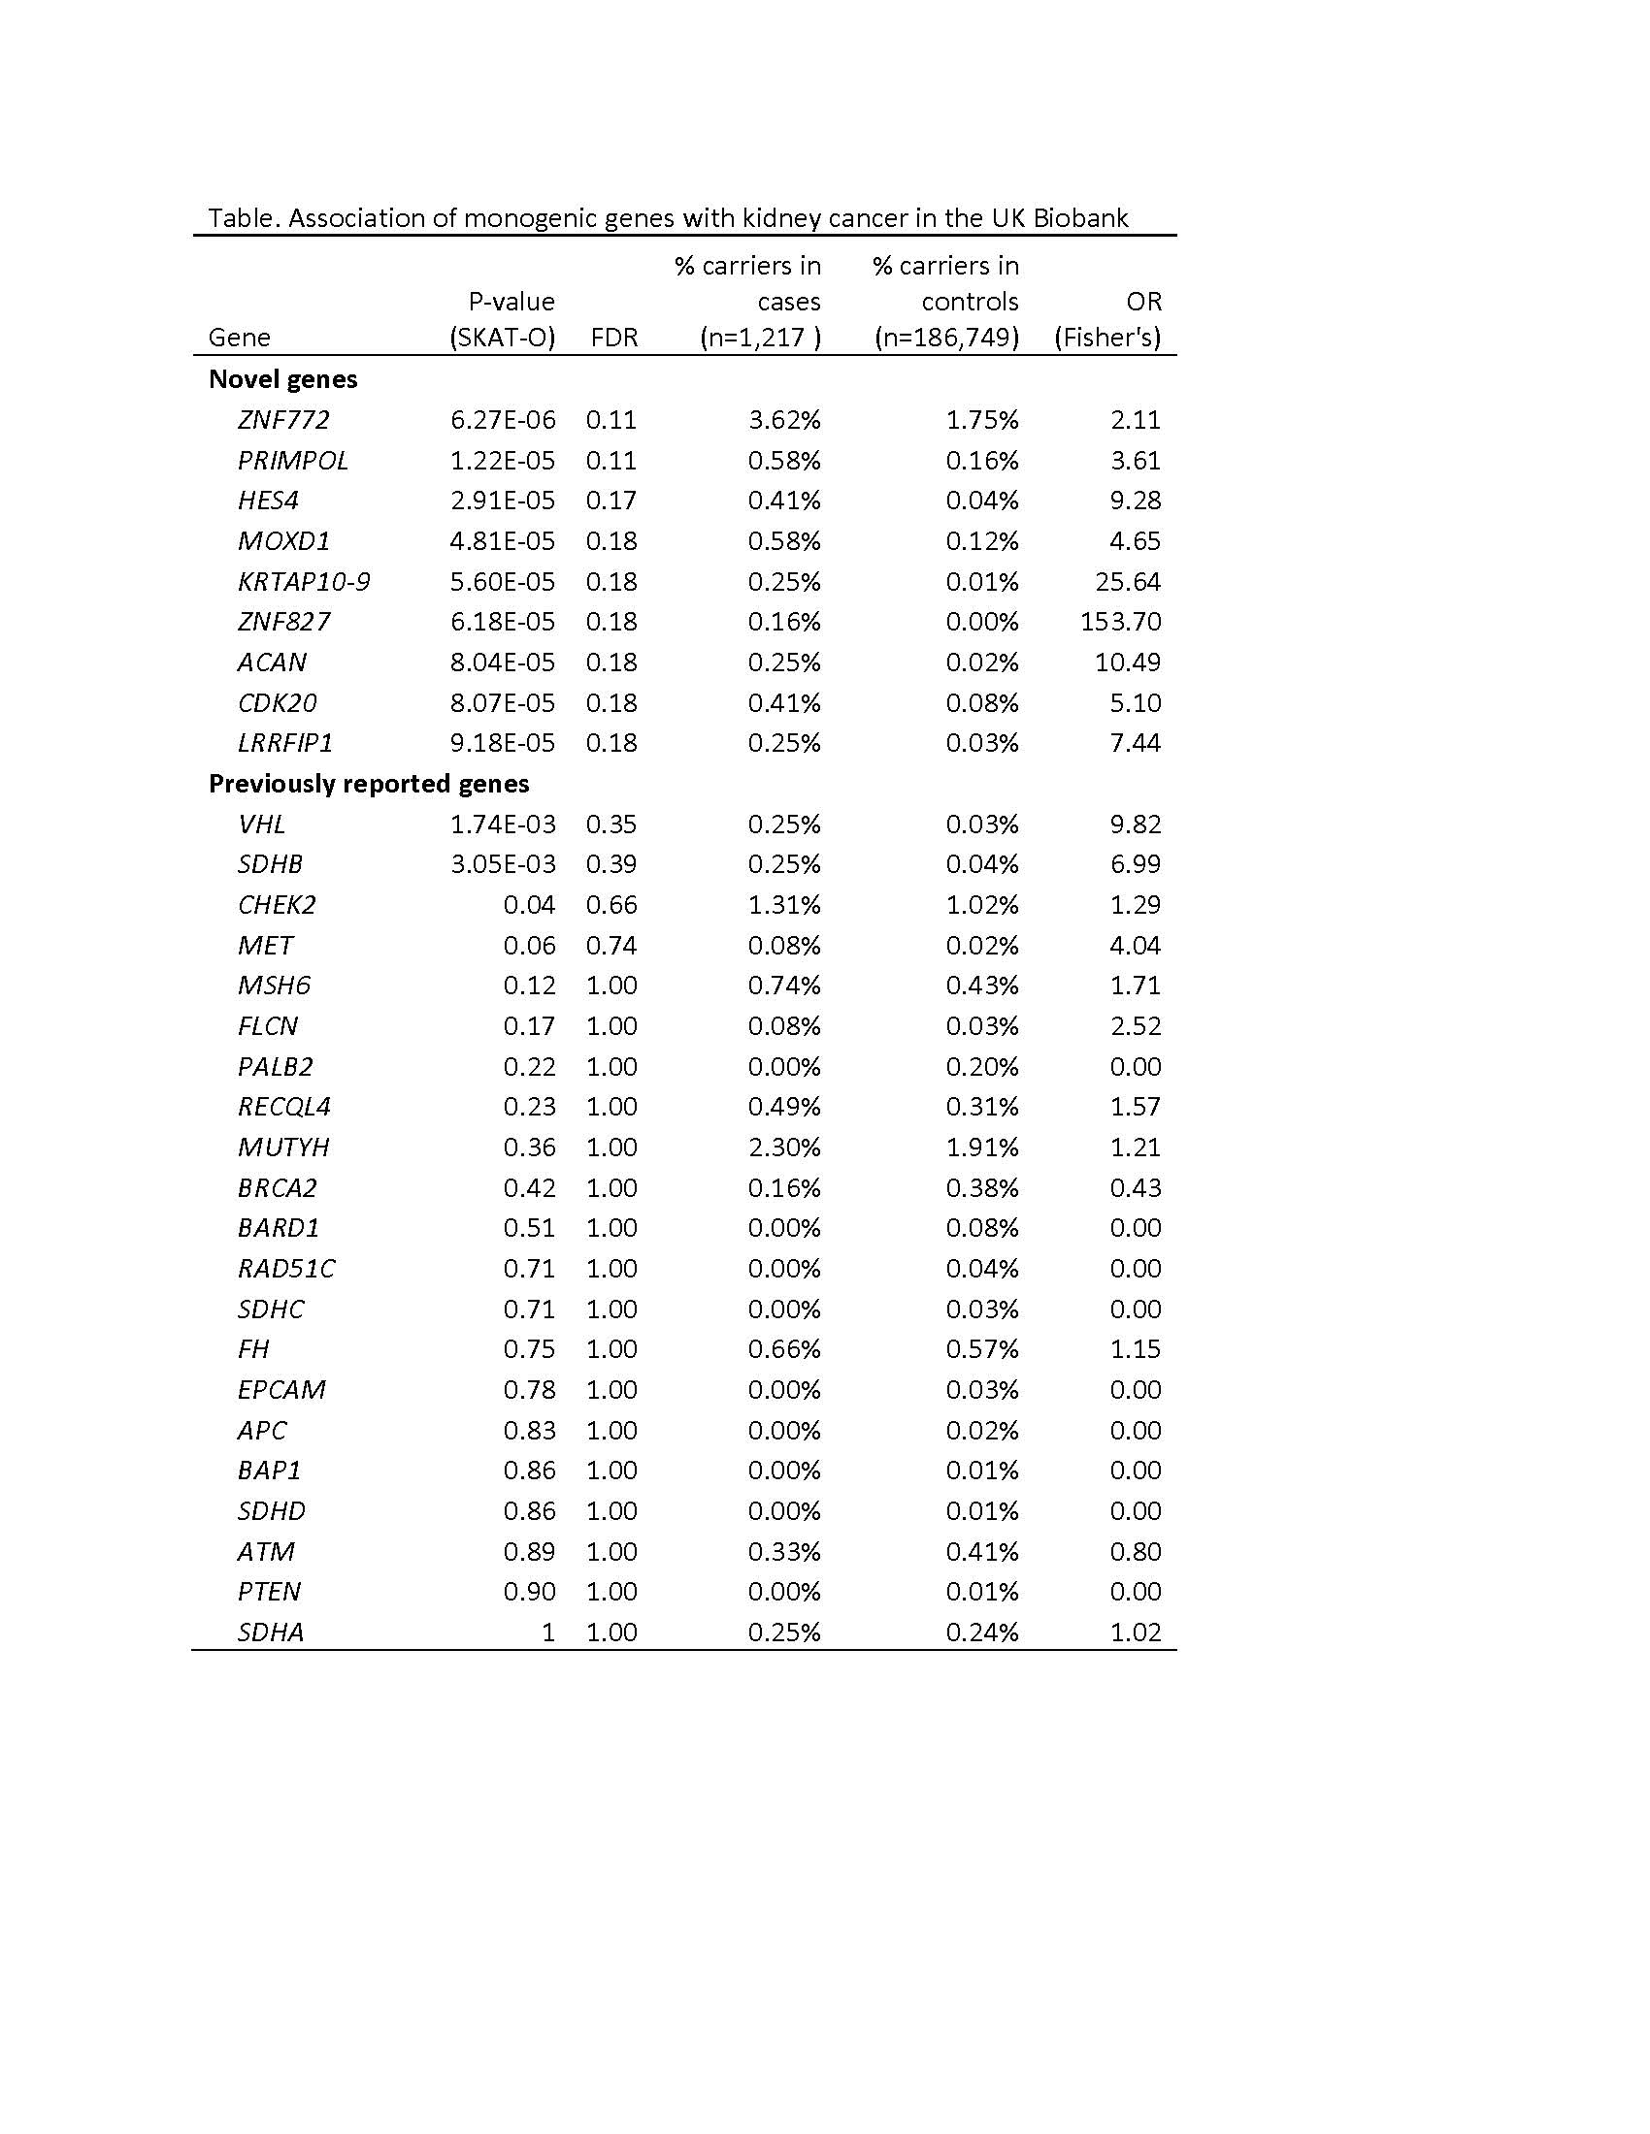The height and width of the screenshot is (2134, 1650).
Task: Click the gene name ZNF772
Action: [x=283, y=420]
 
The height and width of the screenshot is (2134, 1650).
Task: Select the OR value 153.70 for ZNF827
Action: [x=1120, y=622]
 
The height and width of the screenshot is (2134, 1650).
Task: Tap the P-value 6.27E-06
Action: [x=503, y=420]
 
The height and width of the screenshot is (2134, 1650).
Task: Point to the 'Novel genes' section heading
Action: [x=283, y=379]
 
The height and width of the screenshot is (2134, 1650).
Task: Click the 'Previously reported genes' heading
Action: [x=369, y=784]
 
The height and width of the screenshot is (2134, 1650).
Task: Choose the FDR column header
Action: [x=613, y=338]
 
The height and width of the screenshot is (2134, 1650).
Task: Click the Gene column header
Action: [x=240, y=338]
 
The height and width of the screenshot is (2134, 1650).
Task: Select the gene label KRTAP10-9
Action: [x=304, y=581]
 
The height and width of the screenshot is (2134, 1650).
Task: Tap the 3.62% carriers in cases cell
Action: [x=784, y=420]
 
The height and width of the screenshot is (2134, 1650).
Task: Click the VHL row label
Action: [x=262, y=824]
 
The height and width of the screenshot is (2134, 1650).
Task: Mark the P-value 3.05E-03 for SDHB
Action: [x=503, y=863]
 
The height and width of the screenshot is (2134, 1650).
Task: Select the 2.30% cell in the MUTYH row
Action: [x=784, y=1148]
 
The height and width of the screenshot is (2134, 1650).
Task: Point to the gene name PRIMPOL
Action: [x=293, y=460]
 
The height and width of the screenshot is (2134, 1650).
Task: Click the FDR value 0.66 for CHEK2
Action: [x=611, y=905]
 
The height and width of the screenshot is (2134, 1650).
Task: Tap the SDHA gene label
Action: [x=271, y=1632]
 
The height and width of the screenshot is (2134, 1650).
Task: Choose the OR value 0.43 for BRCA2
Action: [x=1135, y=1187]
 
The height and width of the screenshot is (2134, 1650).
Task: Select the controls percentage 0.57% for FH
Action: [x=981, y=1349]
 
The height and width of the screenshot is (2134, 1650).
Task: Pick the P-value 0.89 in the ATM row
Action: [x=529, y=1552]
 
